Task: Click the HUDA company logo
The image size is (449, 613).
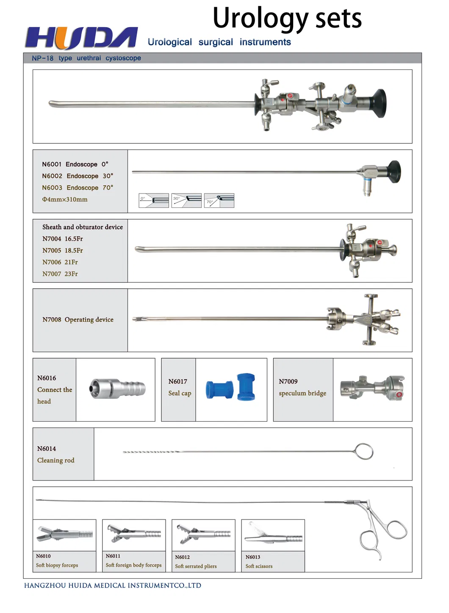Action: [81, 38]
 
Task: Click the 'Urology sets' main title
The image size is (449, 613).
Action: [287, 18]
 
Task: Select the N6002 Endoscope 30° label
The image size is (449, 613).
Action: [78, 176]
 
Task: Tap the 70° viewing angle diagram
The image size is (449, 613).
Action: [219, 201]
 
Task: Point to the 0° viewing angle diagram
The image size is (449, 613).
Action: [154, 201]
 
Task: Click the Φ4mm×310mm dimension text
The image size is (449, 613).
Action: [65, 199]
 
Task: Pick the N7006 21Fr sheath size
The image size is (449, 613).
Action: [60, 262]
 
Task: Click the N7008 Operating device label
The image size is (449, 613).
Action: [78, 320]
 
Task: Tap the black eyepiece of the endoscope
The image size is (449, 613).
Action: [394, 171]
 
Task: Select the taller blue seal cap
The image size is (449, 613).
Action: [246, 387]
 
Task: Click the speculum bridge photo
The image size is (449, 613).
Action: [372, 388]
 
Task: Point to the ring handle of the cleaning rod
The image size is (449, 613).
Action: [364, 451]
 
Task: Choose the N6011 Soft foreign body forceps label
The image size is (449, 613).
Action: [133, 561]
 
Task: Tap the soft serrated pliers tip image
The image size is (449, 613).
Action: [203, 535]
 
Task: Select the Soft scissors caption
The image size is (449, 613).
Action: [259, 566]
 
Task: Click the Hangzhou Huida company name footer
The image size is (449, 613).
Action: [113, 585]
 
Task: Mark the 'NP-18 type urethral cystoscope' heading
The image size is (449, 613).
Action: [86, 58]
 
